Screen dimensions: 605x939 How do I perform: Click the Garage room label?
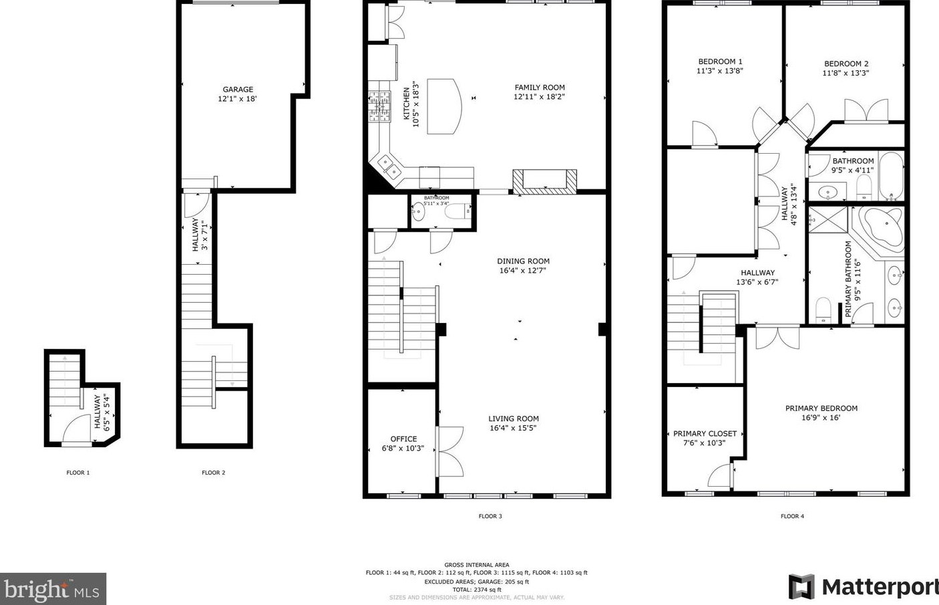[238, 90]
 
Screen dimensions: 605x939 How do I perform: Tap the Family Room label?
[539, 88]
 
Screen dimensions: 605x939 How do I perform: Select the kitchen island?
[443, 106]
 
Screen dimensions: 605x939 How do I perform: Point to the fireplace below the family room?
[544, 181]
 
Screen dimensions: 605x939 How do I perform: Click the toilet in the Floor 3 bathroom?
[459, 212]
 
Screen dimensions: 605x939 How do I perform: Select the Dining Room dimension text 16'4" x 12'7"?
[523, 271]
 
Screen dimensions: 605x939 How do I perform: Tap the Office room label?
[403, 439]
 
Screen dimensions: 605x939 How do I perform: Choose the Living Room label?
[513, 419]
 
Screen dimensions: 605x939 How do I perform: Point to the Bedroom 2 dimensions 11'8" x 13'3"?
[846, 74]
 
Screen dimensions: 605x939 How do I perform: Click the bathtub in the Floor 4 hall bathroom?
[890, 176]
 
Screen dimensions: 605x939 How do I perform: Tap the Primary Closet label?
[705, 434]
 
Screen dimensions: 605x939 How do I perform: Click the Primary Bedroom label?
[821, 408]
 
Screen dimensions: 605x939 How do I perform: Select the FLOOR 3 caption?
[490, 516]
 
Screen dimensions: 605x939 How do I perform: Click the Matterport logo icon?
[801, 587]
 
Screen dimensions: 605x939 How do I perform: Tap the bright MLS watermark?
[53, 589]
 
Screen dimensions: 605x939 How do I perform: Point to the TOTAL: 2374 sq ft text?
[476, 590]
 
